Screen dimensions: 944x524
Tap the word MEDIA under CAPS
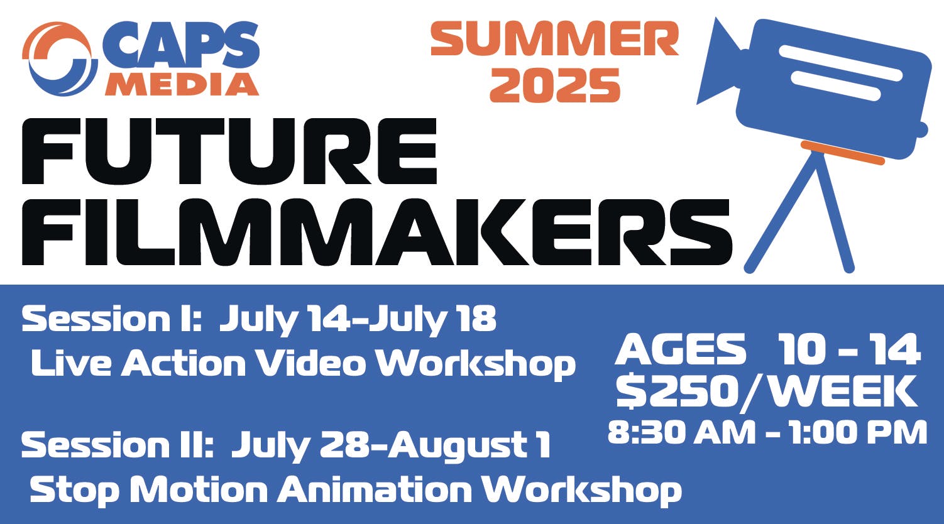point(182,84)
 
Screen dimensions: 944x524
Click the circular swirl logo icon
point(60,59)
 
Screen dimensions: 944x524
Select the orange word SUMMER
point(554,39)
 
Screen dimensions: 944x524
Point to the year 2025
point(554,85)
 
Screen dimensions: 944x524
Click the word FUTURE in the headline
point(229,151)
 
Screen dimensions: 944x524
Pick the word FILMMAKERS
point(377,232)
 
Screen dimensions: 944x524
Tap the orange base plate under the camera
point(842,153)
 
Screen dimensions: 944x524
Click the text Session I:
point(112,319)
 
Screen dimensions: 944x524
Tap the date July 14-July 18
point(358,320)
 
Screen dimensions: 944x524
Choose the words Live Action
point(138,363)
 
